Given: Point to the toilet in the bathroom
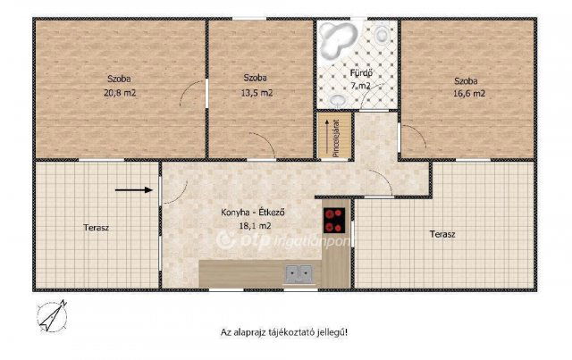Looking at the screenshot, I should pos(383,37).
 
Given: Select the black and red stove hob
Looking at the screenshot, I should pos(334,219).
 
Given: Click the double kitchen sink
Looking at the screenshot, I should pos(299,274).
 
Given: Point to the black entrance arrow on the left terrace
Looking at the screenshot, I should pos(133,189).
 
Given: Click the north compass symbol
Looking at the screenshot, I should pos(51,315).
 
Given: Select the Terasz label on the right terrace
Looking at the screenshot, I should pos(442,234).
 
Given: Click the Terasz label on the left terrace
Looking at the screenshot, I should pos(96,228).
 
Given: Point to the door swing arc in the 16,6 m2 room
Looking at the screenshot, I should pos(410,139).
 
